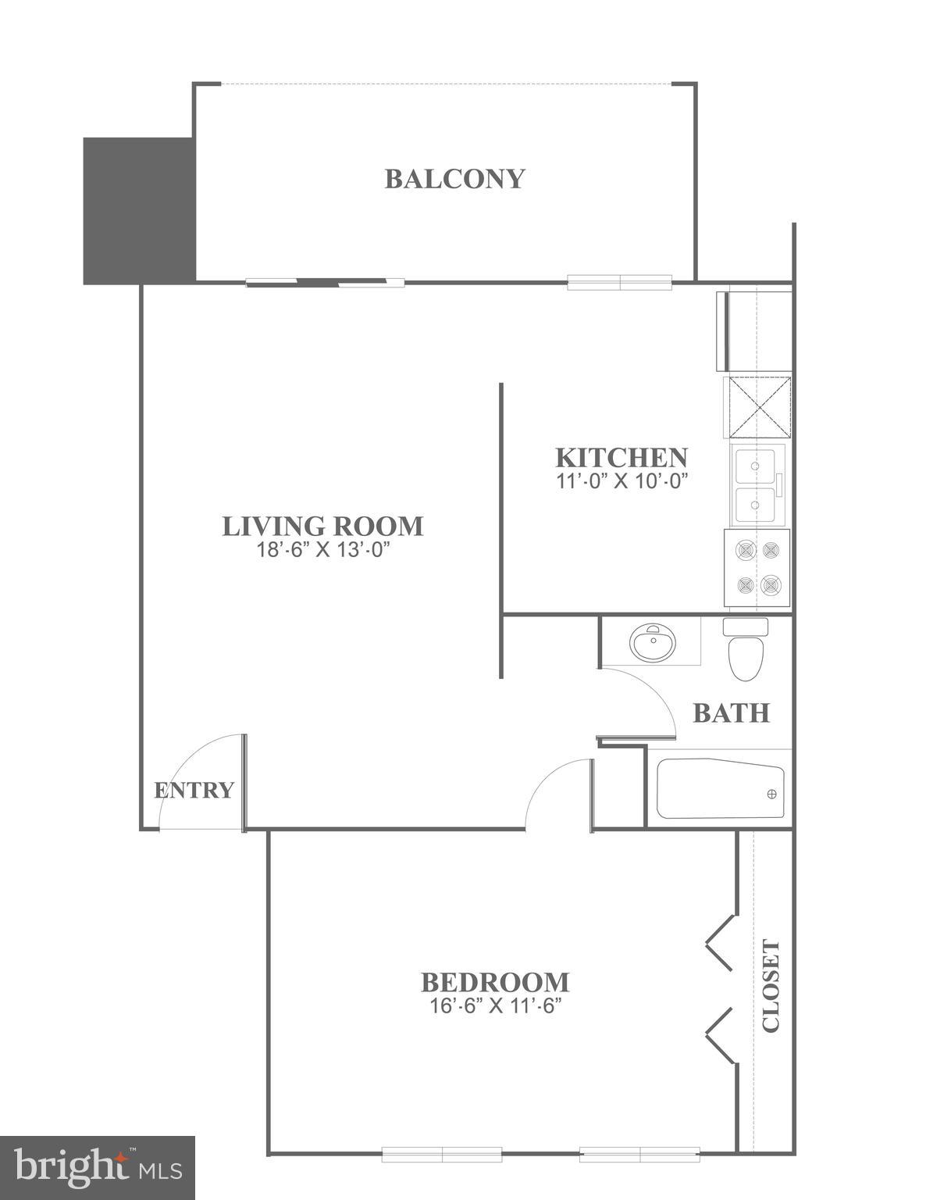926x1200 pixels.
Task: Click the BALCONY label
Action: tap(454, 179)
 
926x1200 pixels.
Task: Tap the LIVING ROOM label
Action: tap(322, 526)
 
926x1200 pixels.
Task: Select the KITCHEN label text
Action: tap(621, 457)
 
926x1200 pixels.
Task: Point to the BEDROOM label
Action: tap(495, 981)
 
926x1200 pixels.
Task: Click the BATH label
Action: tap(732, 713)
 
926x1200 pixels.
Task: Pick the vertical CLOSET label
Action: tap(771, 986)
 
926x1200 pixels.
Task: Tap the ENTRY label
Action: tap(194, 791)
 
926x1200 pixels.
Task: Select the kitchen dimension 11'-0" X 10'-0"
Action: tap(621, 481)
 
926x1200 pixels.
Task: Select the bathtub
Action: tap(720, 791)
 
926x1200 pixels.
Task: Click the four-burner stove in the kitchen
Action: tap(757, 568)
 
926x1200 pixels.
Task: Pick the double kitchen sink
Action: tap(754, 485)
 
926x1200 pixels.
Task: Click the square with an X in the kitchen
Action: tap(759, 407)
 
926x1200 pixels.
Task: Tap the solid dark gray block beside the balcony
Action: tap(138, 210)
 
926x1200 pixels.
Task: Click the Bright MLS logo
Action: tap(97, 1167)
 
